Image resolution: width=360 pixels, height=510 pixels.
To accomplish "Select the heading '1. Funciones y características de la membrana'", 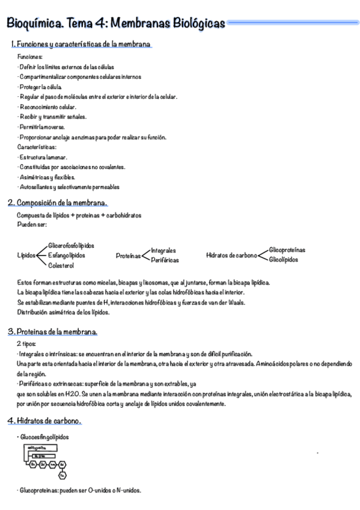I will click(81, 45).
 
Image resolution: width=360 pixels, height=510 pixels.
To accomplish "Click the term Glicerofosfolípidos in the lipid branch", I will click(71, 245).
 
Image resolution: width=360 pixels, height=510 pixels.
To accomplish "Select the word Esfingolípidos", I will click(66, 255).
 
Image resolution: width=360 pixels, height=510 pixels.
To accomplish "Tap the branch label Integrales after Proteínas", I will click(163, 250).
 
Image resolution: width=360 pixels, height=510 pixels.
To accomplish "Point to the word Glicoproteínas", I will click(287, 250).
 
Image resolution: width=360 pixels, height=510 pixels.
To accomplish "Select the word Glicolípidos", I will click(284, 260).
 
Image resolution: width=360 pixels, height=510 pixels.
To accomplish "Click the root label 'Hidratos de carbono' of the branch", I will click(231, 255).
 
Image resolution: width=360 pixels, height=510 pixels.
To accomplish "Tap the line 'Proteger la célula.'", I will click(40, 87).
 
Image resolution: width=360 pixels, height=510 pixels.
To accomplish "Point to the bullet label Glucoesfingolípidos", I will click(44, 437).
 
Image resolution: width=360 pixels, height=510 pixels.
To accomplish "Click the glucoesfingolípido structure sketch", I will click(45, 461).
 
